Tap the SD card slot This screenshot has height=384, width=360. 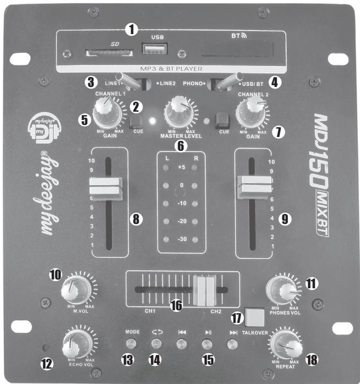click(108, 54)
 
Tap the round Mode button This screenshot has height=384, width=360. click(130, 344)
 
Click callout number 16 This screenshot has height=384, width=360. click(176, 305)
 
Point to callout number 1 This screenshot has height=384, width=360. click(130, 29)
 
